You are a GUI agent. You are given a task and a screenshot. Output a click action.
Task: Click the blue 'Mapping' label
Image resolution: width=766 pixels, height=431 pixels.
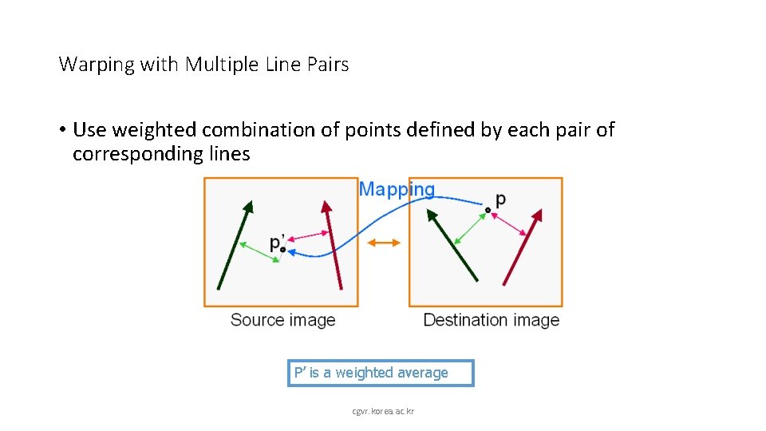click(x=397, y=190)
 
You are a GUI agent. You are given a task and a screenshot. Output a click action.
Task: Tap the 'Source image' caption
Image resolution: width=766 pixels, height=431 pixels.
click(x=282, y=320)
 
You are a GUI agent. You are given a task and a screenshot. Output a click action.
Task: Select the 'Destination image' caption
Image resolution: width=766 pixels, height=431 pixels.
click(x=491, y=320)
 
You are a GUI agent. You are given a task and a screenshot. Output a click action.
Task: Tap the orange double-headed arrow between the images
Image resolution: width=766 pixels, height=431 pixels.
click(x=384, y=243)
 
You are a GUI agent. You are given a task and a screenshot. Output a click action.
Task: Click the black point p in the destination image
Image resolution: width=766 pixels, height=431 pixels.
click(x=488, y=210)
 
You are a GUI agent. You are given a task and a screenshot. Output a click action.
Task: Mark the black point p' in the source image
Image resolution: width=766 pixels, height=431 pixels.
click(x=282, y=250)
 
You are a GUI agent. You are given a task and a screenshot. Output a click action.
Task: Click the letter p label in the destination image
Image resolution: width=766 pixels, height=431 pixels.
click(x=500, y=200)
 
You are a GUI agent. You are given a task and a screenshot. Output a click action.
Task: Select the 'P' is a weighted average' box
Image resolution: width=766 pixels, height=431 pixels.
click(x=381, y=373)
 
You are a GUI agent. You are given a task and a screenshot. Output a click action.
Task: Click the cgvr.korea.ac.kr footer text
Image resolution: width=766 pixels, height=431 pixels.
click(x=383, y=411)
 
